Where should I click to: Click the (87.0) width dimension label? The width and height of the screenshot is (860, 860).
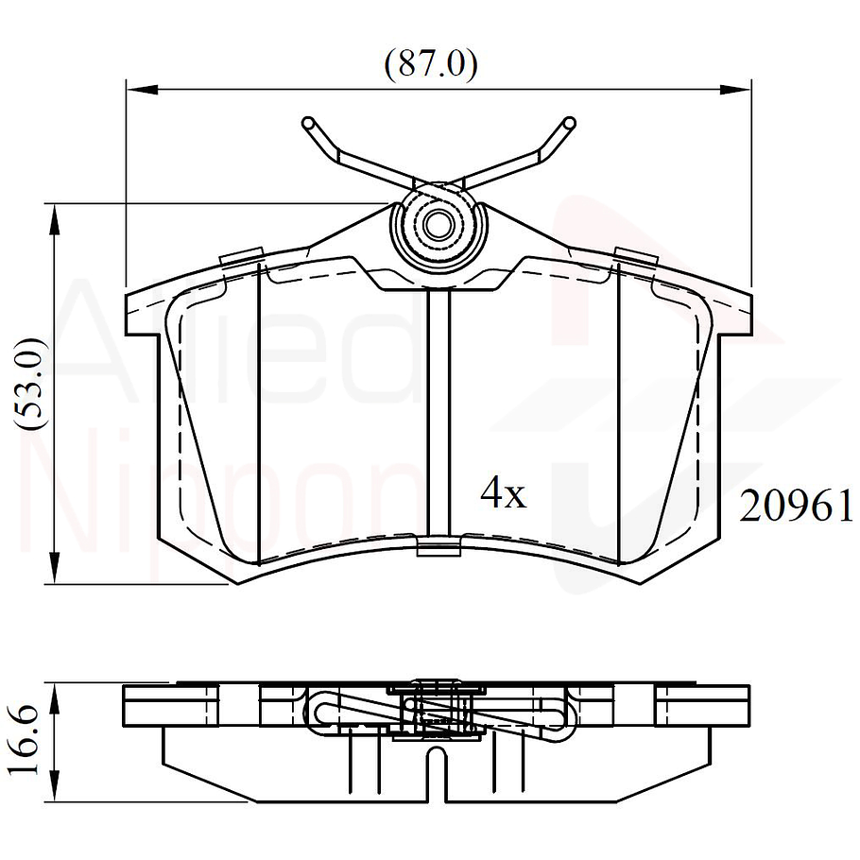pyautogui.click(x=430, y=64)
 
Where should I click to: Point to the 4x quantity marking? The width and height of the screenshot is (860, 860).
pyautogui.click(x=503, y=493)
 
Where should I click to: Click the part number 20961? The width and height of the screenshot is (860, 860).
pyautogui.click(x=797, y=507)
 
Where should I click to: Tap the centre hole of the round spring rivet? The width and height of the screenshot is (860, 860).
pyautogui.click(x=437, y=226)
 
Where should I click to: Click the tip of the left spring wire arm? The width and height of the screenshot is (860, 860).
pyautogui.click(x=307, y=123)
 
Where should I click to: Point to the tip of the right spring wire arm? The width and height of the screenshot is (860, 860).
pyautogui.click(x=568, y=123)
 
